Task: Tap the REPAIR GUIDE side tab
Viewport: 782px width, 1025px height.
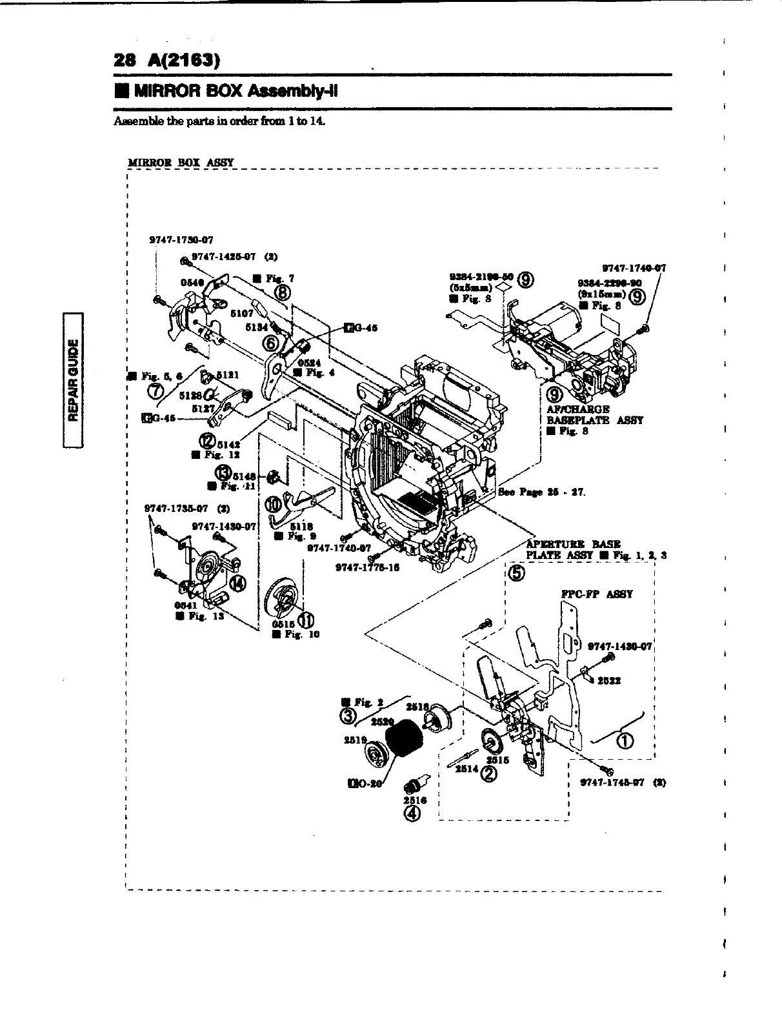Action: coord(75,378)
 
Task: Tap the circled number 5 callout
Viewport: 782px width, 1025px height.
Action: coord(517,573)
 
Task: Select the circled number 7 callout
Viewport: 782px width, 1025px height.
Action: coord(155,389)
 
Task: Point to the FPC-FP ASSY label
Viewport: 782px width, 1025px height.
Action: coord(596,594)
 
